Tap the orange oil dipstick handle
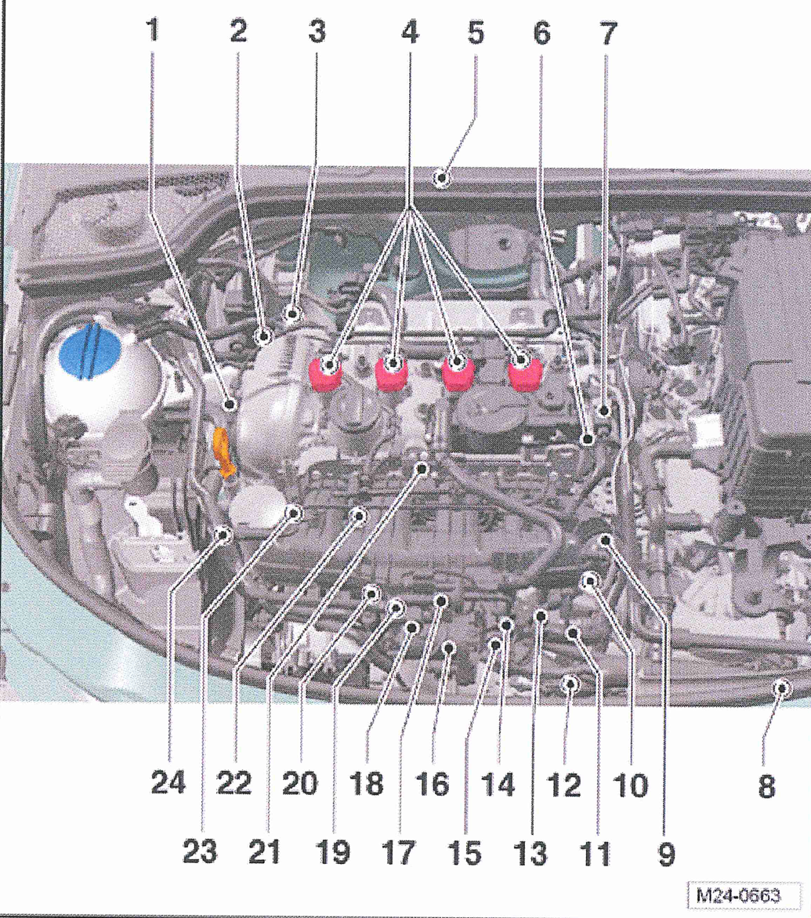coord(224,453)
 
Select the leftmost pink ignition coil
coord(325,373)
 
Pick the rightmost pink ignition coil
coord(525,373)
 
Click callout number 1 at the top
coord(153,31)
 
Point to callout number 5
coord(476,31)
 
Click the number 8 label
coord(766,786)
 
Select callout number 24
coord(168,782)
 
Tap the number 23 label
coord(200,852)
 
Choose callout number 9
coord(667,855)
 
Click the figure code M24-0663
coord(738,895)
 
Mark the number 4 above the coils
coord(410,31)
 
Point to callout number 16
coord(432,784)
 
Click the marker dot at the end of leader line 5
coord(442,177)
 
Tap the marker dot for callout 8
coord(782,688)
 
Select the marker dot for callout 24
coord(223,535)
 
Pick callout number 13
coord(530,853)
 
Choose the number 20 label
coord(299,783)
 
